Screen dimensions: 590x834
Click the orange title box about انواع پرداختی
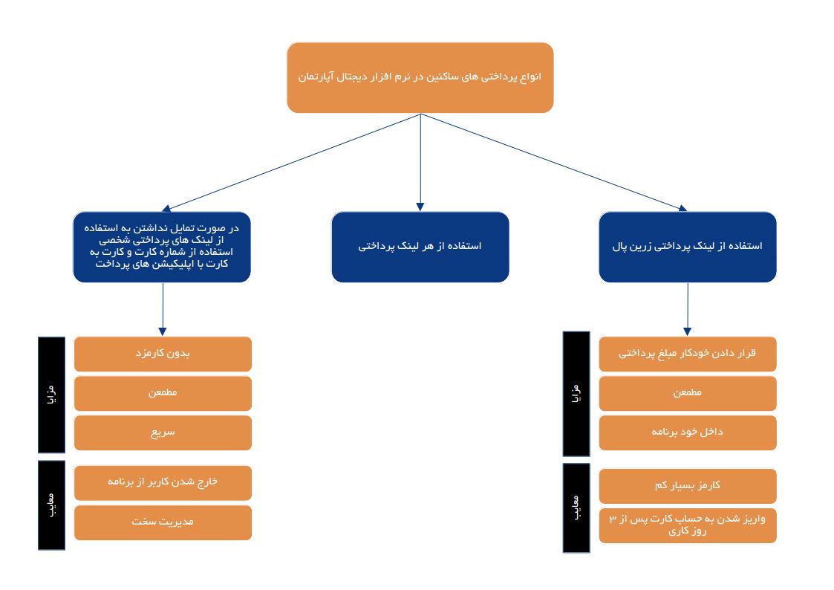420,77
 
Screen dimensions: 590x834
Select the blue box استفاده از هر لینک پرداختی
420,247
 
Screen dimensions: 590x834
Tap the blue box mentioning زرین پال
687,247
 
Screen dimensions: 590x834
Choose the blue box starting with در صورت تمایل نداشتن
162,247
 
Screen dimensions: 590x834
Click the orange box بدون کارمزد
163,354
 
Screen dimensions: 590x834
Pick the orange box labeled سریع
163,432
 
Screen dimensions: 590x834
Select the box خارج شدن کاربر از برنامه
163,482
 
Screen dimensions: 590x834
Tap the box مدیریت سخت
163,522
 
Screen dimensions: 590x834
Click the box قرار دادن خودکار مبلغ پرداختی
687,354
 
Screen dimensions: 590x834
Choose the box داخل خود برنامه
687,432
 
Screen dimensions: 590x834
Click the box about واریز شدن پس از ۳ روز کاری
687,525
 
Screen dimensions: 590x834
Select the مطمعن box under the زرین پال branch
687,393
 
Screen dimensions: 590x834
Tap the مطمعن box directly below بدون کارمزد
163,393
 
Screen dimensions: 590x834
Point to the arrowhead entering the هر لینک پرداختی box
420,207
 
